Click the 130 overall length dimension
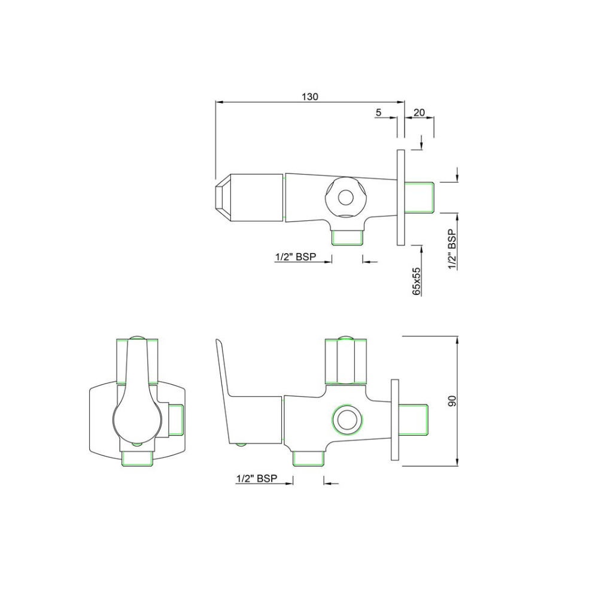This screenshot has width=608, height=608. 310,96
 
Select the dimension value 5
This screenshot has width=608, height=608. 378,113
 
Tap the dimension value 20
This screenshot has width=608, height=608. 419,113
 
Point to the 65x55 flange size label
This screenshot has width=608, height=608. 417,281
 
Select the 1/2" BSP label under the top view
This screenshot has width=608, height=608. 294,257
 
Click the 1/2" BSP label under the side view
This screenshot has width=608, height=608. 256,478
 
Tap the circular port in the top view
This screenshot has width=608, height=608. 345,196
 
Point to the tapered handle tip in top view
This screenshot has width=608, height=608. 223,197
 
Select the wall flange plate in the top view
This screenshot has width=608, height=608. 400,197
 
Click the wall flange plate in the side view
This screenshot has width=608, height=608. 395,420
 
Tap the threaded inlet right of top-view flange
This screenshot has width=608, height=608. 422,197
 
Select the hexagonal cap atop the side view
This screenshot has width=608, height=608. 345,361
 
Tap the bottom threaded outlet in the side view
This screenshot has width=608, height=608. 308,459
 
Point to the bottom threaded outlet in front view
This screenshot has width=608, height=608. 137,458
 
